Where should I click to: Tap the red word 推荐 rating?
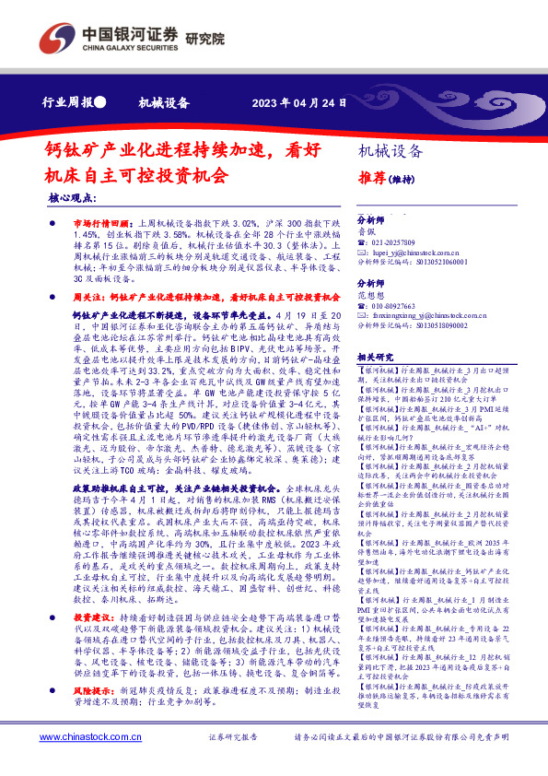[371, 178]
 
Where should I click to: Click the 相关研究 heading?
[375, 382]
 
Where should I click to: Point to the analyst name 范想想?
[372, 322]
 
